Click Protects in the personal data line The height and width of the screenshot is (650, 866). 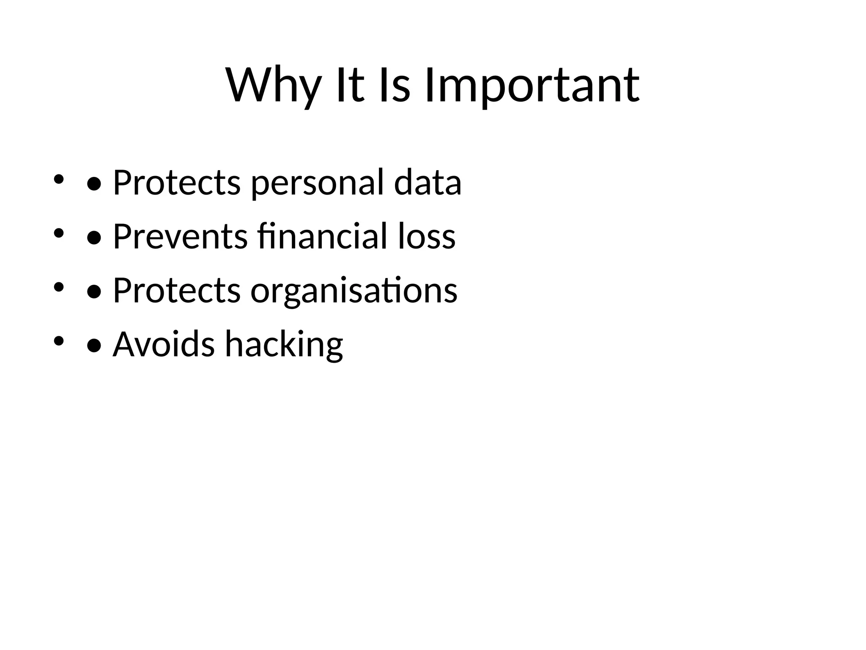coord(177,182)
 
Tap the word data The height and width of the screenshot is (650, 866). coord(428,182)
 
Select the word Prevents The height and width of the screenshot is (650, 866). coord(180,236)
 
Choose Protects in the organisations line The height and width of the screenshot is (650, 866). coord(177,290)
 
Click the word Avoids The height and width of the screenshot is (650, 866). coord(164,344)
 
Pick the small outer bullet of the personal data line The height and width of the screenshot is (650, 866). coord(58,179)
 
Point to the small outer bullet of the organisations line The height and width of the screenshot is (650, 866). coord(58,287)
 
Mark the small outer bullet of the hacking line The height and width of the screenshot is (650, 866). coord(58,341)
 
